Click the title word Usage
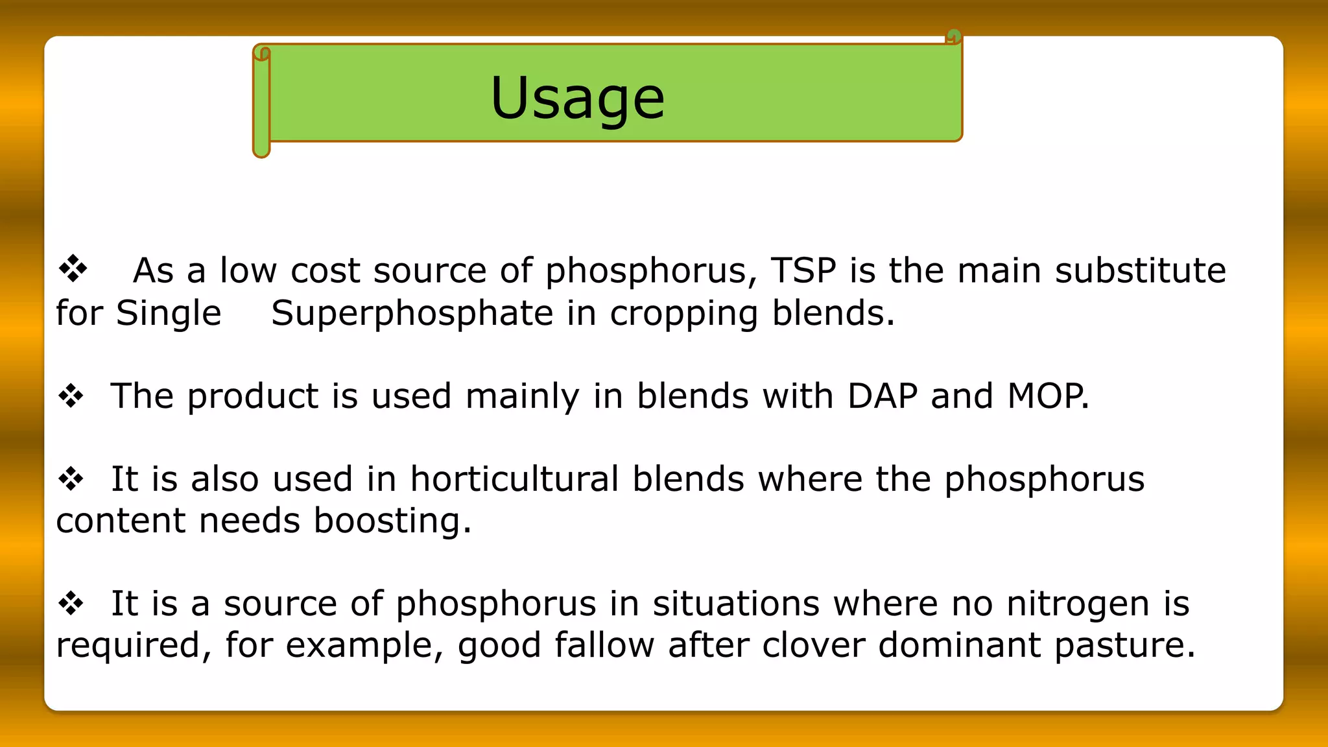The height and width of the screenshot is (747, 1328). point(577,99)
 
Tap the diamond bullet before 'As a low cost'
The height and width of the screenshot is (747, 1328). point(73,268)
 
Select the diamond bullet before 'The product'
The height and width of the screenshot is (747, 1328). point(71,396)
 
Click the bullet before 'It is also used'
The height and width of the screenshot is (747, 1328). point(71,479)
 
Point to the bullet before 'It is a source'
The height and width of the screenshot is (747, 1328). point(71,604)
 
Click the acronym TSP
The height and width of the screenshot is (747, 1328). point(803,270)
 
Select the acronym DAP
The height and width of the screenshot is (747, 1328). point(882,396)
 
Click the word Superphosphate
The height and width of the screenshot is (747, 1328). point(412,314)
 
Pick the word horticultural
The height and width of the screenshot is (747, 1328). point(514,479)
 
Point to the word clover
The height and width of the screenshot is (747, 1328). point(813,645)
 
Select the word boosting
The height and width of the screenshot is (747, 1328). point(392,521)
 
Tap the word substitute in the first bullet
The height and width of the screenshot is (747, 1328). point(1140,270)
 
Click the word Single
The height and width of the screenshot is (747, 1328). point(169,314)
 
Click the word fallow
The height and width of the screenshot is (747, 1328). point(604,645)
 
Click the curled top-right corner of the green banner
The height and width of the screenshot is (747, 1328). point(953,36)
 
